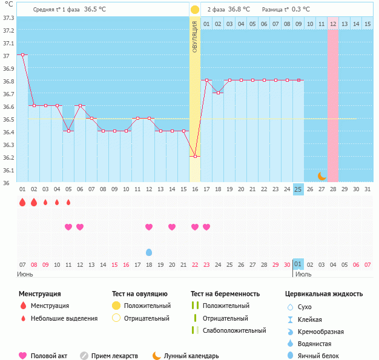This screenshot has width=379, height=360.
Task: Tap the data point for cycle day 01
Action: [x=22, y=54]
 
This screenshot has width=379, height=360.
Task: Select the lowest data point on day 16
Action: [x=195, y=156]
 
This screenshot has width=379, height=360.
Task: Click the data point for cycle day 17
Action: [x=206, y=80]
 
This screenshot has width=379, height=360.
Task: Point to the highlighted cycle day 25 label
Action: [x=298, y=189]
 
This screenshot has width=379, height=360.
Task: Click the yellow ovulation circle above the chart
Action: [x=195, y=10]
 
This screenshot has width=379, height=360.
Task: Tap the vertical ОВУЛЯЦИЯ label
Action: [x=195, y=36]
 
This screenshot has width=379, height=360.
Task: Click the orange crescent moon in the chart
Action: [x=322, y=176]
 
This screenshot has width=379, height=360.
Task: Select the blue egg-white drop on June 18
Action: [x=149, y=252]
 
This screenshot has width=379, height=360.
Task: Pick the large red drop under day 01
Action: [x=22, y=202]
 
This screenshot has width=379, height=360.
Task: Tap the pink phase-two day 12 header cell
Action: [x=333, y=24]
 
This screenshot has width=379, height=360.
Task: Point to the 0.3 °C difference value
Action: [x=301, y=10]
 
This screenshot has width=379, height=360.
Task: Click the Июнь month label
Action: [x=25, y=274]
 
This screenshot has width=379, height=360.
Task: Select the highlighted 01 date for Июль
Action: [x=298, y=264]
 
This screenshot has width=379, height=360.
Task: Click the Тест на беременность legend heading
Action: [x=225, y=294]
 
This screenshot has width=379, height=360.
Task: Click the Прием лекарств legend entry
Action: [x=114, y=356]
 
